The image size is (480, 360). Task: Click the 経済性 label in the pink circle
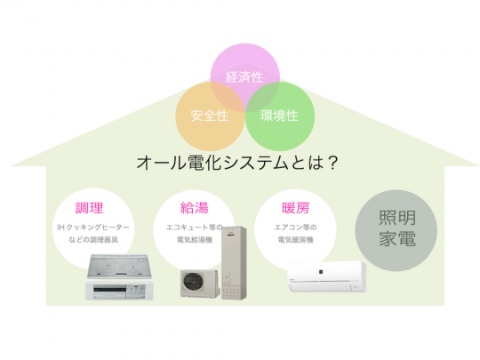(x=244, y=76)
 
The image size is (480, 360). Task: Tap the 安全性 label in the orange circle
(x=210, y=116)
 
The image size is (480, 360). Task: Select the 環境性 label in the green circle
(x=279, y=116)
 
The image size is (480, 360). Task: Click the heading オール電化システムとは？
(x=237, y=163)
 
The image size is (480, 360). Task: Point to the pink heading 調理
(x=90, y=208)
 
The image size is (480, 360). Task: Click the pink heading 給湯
(x=195, y=208)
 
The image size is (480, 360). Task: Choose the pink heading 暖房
(x=296, y=208)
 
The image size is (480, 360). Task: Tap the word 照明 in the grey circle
(x=397, y=218)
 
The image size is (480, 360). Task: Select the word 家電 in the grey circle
(x=397, y=238)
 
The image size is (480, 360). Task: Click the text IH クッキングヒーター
(x=93, y=228)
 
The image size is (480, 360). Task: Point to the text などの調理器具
(x=93, y=240)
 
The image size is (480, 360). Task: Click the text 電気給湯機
(x=195, y=240)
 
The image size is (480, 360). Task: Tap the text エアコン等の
(x=296, y=228)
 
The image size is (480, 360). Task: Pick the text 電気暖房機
(x=296, y=240)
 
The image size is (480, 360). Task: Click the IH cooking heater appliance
(x=119, y=277)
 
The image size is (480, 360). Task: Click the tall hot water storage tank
(x=234, y=262)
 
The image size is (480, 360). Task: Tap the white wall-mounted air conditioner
(x=326, y=276)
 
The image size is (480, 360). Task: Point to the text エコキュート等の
(x=195, y=228)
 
